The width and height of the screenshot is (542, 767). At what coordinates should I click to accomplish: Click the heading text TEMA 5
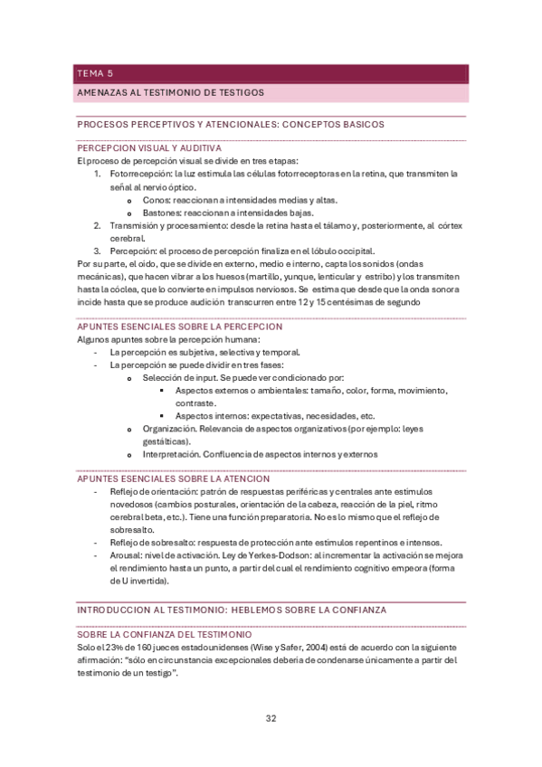[96, 74]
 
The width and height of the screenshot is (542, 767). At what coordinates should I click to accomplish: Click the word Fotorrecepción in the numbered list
[139, 173]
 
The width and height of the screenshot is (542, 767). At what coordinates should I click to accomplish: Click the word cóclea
[128, 289]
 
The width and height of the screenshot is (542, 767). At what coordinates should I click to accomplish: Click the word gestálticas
[166, 440]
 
